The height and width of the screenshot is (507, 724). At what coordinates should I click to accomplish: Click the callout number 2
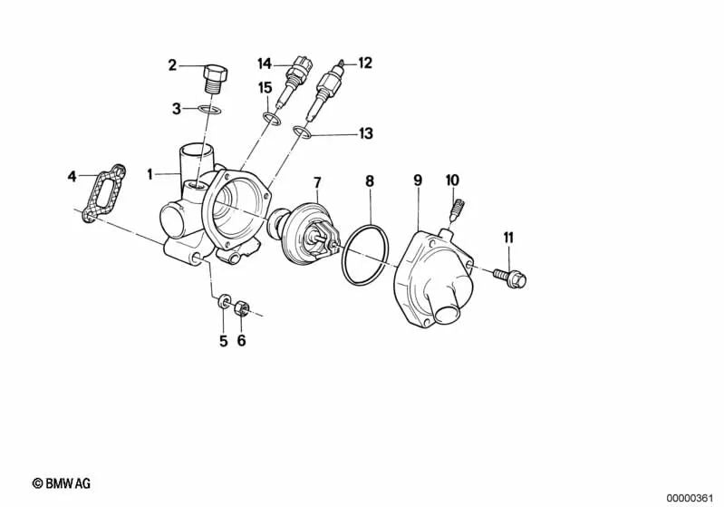click(x=171, y=64)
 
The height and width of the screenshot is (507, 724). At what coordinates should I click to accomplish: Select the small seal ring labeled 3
click(x=211, y=111)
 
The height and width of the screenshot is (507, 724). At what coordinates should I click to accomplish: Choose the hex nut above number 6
click(x=242, y=308)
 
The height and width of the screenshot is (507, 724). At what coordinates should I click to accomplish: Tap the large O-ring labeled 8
click(x=367, y=255)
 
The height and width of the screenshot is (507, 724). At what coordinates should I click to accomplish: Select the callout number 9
click(x=418, y=180)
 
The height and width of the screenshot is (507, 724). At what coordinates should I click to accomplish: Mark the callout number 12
click(x=364, y=63)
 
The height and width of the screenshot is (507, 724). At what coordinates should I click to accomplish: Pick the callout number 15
click(x=265, y=88)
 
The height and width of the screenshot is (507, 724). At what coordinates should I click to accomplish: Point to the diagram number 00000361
click(x=691, y=498)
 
